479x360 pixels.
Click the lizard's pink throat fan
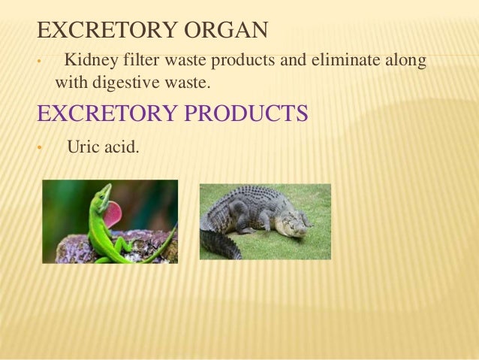click(x=113, y=214)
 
